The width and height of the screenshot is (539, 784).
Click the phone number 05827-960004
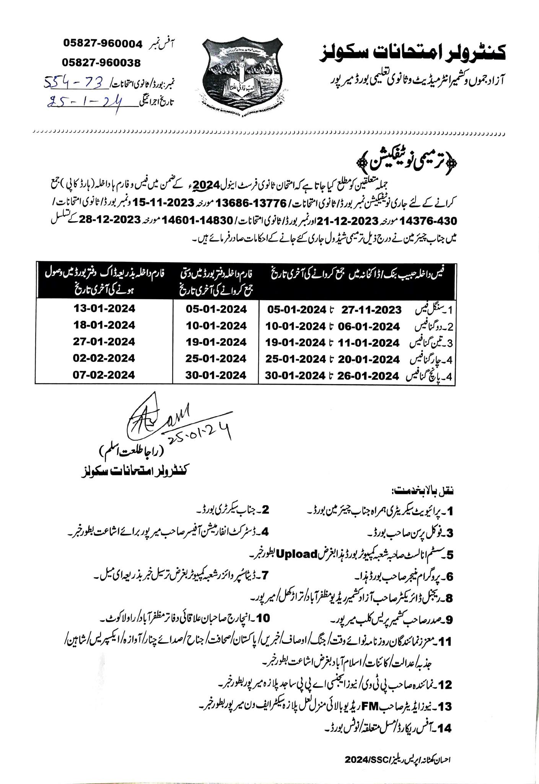[103, 44]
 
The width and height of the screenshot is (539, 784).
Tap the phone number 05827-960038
[101, 62]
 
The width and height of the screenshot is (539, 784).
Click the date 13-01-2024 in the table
[104, 308]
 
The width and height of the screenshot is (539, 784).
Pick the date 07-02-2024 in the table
[104, 375]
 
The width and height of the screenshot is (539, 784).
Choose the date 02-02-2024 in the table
[104, 358]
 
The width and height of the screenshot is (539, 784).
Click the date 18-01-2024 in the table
[104, 325]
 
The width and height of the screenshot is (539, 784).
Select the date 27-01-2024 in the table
[104, 341]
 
